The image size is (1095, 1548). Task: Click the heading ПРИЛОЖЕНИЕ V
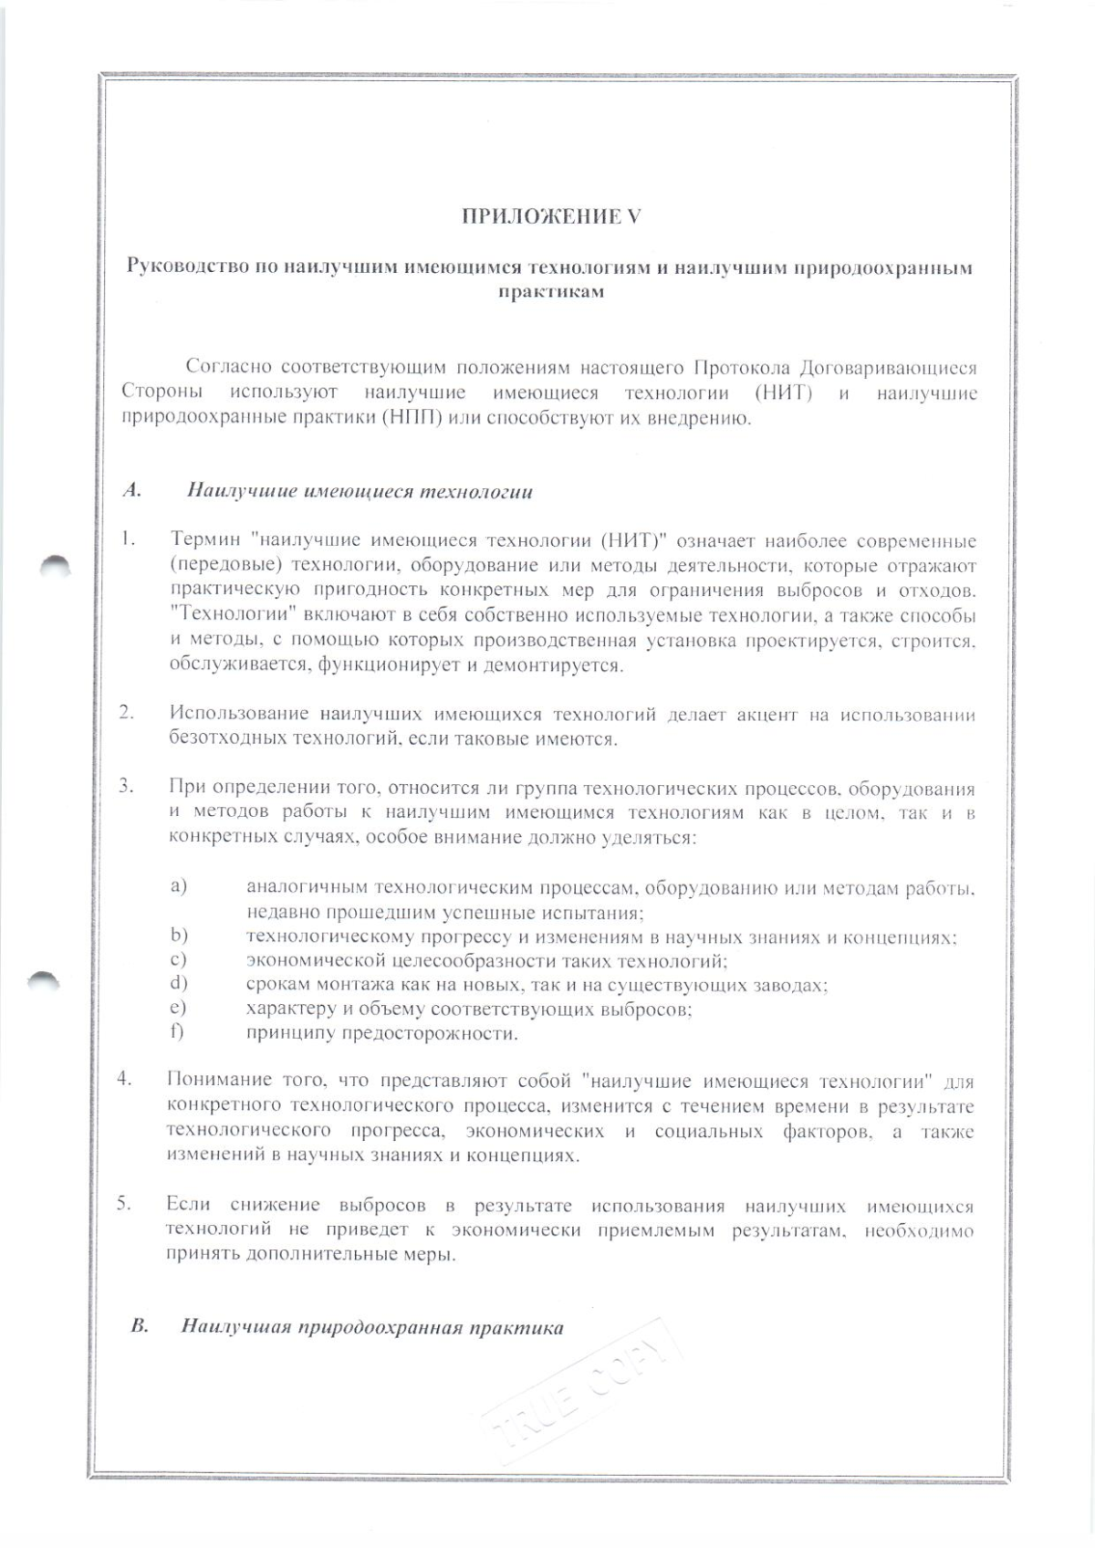pos(550,216)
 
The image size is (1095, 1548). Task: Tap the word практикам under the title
pos(550,292)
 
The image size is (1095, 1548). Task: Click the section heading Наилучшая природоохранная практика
pos(371,1327)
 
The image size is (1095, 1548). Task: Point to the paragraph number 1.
pos(127,540)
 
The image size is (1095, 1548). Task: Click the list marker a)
pos(178,886)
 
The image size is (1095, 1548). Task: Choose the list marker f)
pos(177,1032)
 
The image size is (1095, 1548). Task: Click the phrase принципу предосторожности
pos(381,1034)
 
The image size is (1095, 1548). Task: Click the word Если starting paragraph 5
pos(189,1206)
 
